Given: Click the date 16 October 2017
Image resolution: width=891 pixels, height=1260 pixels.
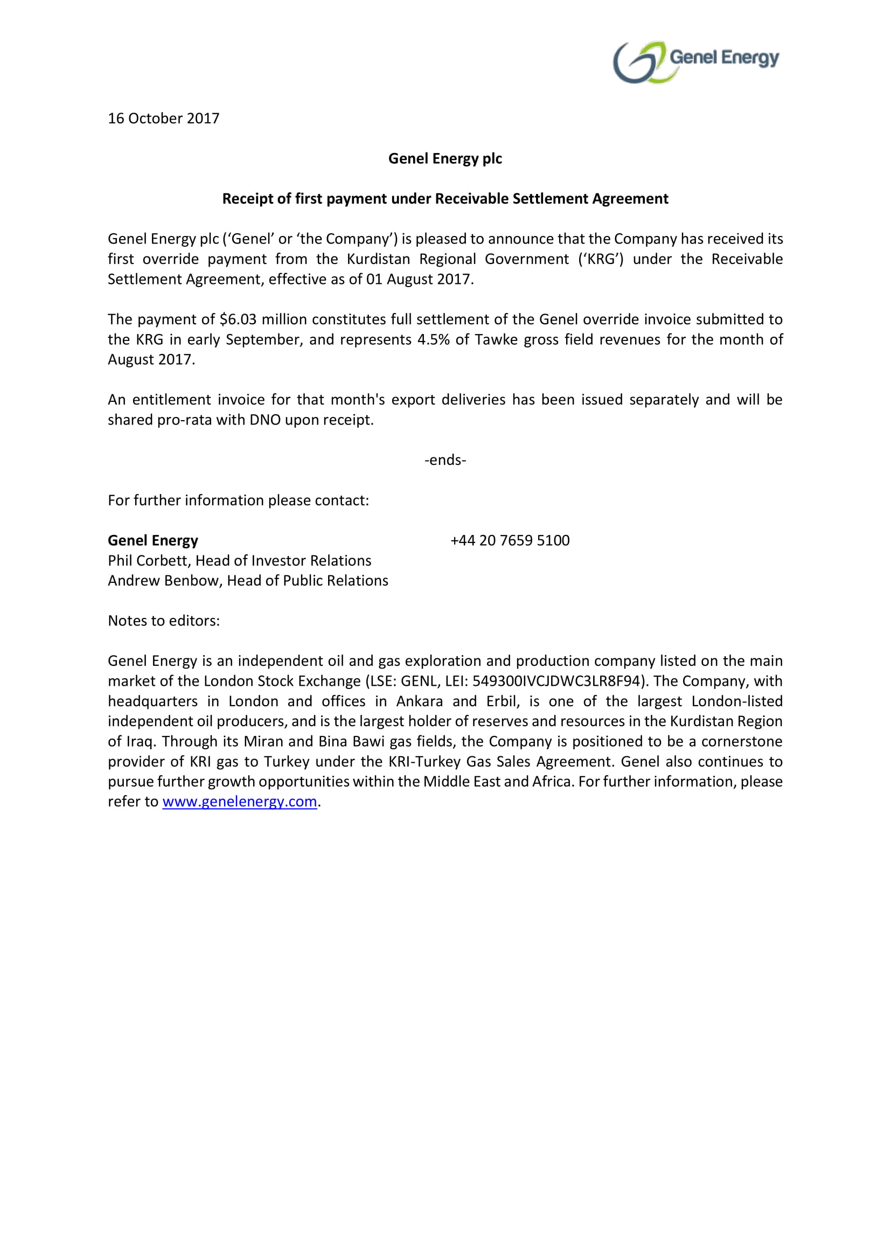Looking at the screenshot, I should (x=164, y=119).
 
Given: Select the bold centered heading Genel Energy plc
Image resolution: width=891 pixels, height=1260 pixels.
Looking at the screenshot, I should (x=445, y=158).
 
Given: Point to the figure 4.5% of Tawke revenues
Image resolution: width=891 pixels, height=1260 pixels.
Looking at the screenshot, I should (x=434, y=340).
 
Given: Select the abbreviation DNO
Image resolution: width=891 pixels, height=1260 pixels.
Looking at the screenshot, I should (x=265, y=420).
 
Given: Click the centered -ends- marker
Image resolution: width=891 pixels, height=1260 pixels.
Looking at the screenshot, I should (x=445, y=460).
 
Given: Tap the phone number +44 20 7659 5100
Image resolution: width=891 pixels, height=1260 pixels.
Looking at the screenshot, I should (x=510, y=540).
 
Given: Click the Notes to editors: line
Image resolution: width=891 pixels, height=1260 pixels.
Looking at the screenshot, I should (x=164, y=621).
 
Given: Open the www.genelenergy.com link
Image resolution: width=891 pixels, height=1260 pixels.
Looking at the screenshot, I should (x=240, y=802).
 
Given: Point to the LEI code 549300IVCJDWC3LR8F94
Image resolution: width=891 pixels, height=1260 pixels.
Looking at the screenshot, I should (x=556, y=681).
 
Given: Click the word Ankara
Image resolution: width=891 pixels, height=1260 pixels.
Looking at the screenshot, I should (x=419, y=701).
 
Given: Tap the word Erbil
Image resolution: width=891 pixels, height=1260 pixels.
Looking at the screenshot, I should (x=503, y=701).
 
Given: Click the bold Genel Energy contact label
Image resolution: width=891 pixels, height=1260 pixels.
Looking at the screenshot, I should (x=152, y=540).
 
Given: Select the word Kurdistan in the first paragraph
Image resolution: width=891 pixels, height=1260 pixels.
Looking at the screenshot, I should (x=379, y=259).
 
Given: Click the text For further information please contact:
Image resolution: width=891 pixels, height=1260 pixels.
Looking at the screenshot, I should (x=238, y=500).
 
